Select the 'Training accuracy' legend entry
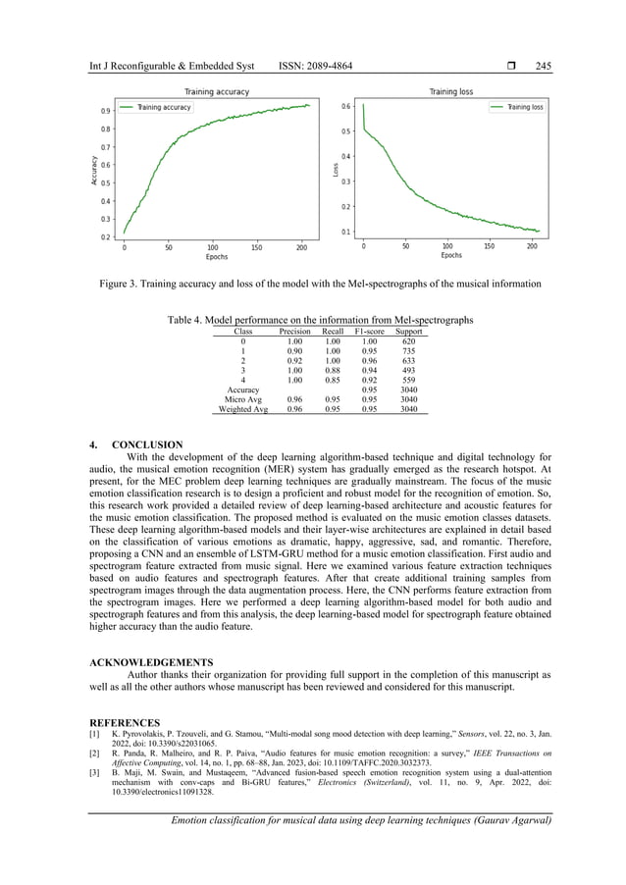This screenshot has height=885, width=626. tap(164, 107)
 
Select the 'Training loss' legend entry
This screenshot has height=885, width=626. tap(525, 107)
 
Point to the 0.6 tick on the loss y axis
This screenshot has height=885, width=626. tap(345, 106)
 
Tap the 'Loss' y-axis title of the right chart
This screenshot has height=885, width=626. tap(334, 169)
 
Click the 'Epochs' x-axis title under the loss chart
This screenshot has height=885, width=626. tap(450, 255)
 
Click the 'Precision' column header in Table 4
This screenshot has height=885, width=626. tap(295, 333)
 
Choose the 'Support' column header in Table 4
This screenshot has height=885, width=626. tap(408, 333)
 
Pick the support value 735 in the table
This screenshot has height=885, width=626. tap(409, 351)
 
